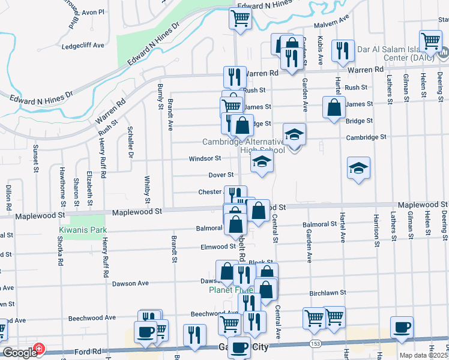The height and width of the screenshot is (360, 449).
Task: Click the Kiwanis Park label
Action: click(82, 230)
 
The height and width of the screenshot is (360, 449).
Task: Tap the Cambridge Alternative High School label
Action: click(243, 146)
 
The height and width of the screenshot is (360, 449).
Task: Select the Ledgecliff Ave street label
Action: click(83, 45)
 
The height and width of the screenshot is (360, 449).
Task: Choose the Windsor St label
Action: click(205, 158)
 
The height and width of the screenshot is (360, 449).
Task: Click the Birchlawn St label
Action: click(328, 293)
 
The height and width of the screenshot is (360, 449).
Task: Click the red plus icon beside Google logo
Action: click(39, 348)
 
